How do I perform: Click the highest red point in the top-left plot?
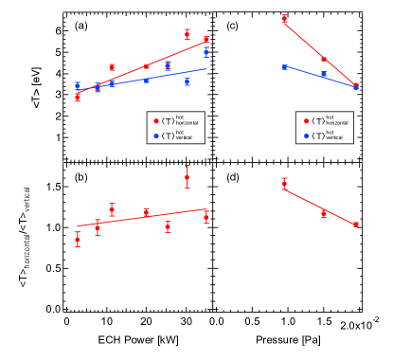tap(187, 33)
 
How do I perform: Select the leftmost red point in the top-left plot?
tap(78, 97)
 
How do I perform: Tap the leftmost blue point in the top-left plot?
tap(78, 85)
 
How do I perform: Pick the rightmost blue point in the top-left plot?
tap(206, 52)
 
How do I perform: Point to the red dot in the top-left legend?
tap(156, 121)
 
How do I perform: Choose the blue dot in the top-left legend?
tap(156, 135)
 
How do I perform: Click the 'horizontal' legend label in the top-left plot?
tap(187, 123)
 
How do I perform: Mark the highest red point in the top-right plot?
tap(284, 18)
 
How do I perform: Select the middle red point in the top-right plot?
tap(324, 59)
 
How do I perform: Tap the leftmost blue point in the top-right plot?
tap(284, 67)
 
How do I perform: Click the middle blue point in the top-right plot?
tap(324, 74)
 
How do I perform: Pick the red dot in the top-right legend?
tap(306, 121)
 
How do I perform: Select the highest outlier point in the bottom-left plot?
tap(187, 177)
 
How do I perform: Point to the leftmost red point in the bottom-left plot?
tap(78, 239)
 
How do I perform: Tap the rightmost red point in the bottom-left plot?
tap(206, 217)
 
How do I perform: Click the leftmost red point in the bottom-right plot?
tap(284, 184)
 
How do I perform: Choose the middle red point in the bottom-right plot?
tap(324, 212)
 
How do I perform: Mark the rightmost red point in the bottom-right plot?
tap(356, 225)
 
